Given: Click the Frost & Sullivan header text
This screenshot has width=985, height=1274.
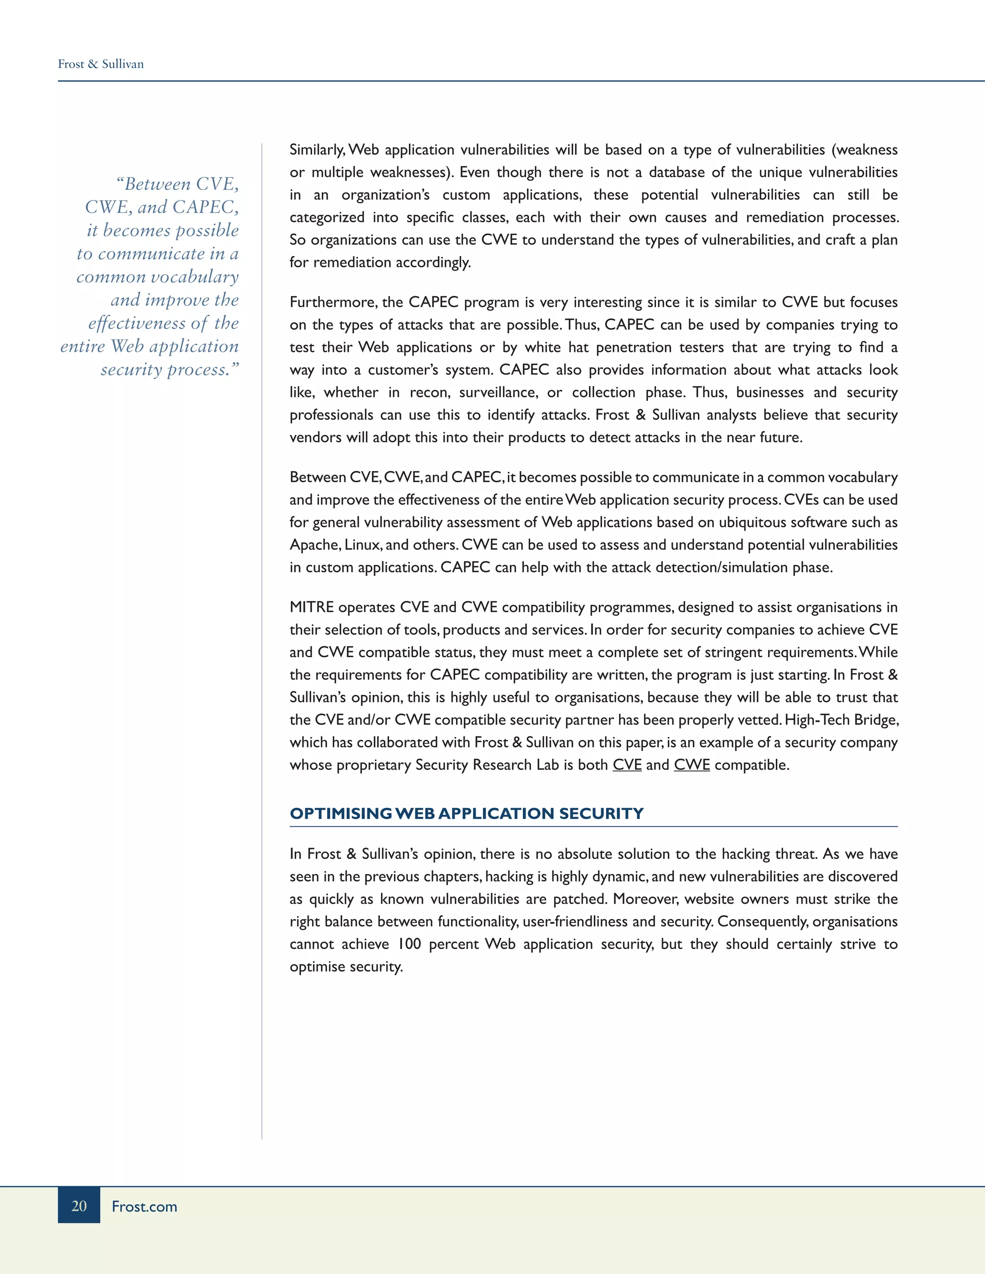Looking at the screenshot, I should (101, 64).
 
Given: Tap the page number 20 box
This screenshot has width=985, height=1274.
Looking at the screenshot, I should (79, 1205).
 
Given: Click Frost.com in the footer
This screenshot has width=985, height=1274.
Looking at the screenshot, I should (144, 1206).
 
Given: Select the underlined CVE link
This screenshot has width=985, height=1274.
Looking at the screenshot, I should (627, 765).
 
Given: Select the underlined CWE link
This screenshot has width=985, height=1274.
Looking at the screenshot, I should (692, 765).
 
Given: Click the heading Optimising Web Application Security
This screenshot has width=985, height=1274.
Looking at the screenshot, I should (466, 813).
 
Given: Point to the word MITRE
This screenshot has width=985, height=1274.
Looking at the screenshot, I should (312, 607).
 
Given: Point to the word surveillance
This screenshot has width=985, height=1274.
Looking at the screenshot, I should (498, 393).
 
